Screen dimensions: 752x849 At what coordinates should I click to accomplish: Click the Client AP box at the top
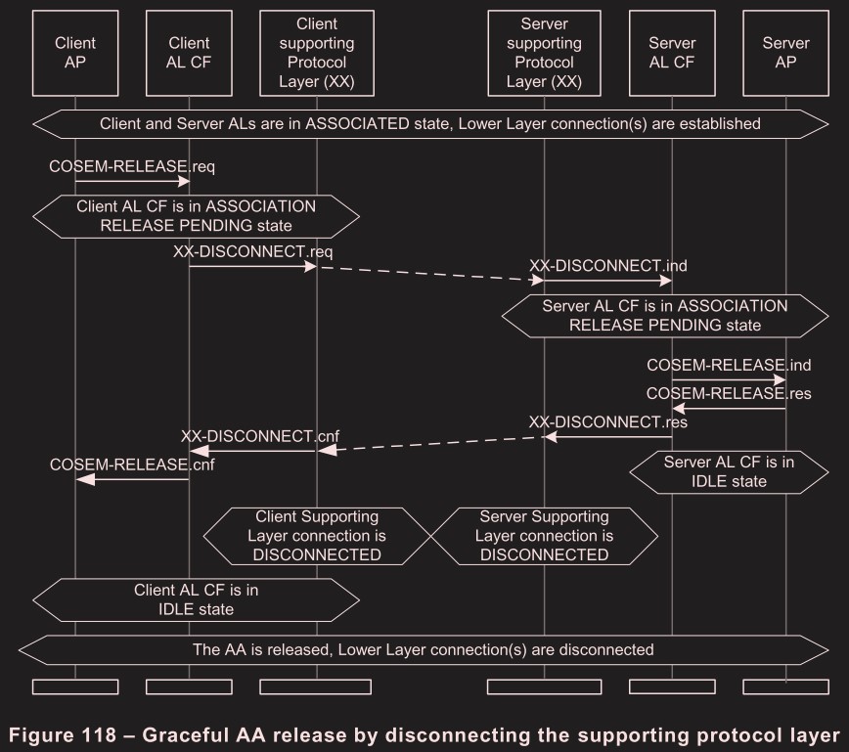pyautogui.click(x=75, y=53)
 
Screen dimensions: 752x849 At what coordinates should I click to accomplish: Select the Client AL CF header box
pyautogui.click(x=189, y=53)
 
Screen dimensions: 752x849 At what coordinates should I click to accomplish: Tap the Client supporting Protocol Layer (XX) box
pyautogui.click(x=317, y=53)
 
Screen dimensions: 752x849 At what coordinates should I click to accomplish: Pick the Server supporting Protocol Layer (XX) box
pyautogui.click(x=544, y=53)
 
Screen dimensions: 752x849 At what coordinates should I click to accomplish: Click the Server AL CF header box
pyautogui.click(x=672, y=53)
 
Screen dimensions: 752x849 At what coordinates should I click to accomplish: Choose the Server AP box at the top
pyautogui.click(x=785, y=53)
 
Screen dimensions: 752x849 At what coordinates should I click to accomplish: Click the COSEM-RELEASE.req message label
pyautogui.click(x=132, y=166)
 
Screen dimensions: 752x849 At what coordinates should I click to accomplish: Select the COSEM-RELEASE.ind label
pyautogui.click(x=729, y=365)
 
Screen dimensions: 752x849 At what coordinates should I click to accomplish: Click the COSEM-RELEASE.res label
pyautogui.click(x=729, y=394)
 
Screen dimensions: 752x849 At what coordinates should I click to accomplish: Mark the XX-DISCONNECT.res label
pyautogui.click(x=607, y=422)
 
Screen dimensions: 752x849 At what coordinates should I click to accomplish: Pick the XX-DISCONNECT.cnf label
pyautogui.click(x=260, y=435)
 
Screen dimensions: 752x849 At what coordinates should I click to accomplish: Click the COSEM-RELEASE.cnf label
pyautogui.click(x=132, y=464)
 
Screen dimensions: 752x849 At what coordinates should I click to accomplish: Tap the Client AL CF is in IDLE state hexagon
pyautogui.click(x=197, y=599)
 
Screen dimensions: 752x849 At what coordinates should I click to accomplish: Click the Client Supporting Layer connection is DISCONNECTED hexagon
pyautogui.click(x=317, y=536)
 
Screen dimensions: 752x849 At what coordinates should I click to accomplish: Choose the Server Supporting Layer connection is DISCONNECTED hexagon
pyautogui.click(x=544, y=536)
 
